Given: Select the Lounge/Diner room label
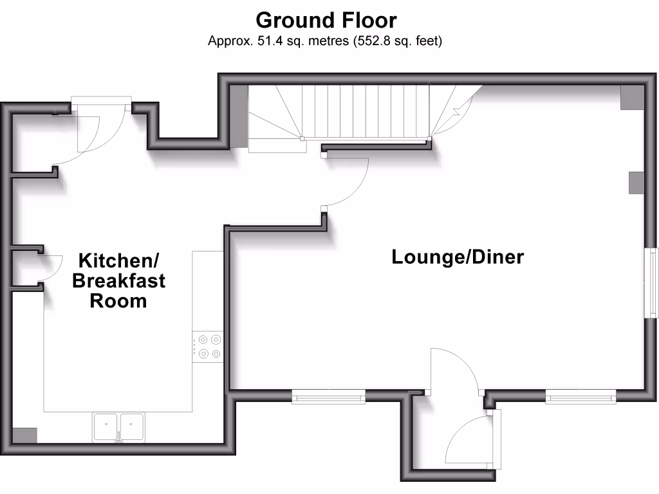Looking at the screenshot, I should (458, 257).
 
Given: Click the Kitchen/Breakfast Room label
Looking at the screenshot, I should (118, 280).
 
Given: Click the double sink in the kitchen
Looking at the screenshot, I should (120, 427).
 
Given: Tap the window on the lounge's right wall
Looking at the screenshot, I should (652, 283).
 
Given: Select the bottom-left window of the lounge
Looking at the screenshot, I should (328, 396).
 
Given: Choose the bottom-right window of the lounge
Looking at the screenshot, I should (580, 397).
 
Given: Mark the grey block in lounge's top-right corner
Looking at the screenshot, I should (631, 96).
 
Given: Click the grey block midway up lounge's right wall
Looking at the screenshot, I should (636, 183).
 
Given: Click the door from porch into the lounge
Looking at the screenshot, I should (454, 370).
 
